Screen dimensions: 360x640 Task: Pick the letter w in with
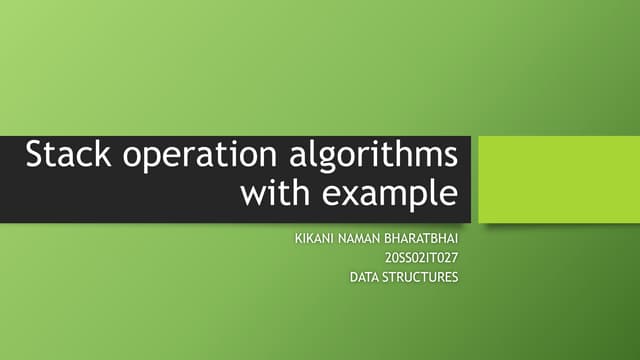[253, 192]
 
